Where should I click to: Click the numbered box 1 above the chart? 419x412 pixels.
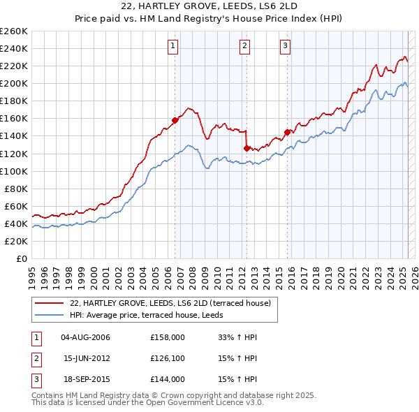[172, 47]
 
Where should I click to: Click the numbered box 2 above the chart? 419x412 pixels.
[245, 47]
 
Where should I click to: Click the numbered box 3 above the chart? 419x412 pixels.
[286, 47]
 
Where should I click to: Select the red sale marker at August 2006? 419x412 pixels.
[175, 120]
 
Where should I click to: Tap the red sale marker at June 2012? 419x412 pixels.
[247, 148]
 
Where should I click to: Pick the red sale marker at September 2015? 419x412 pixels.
[287, 132]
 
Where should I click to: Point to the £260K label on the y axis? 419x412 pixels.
[14, 31]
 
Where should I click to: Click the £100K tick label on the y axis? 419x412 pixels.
[14, 171]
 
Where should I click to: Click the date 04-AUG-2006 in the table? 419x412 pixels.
[85, 337]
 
